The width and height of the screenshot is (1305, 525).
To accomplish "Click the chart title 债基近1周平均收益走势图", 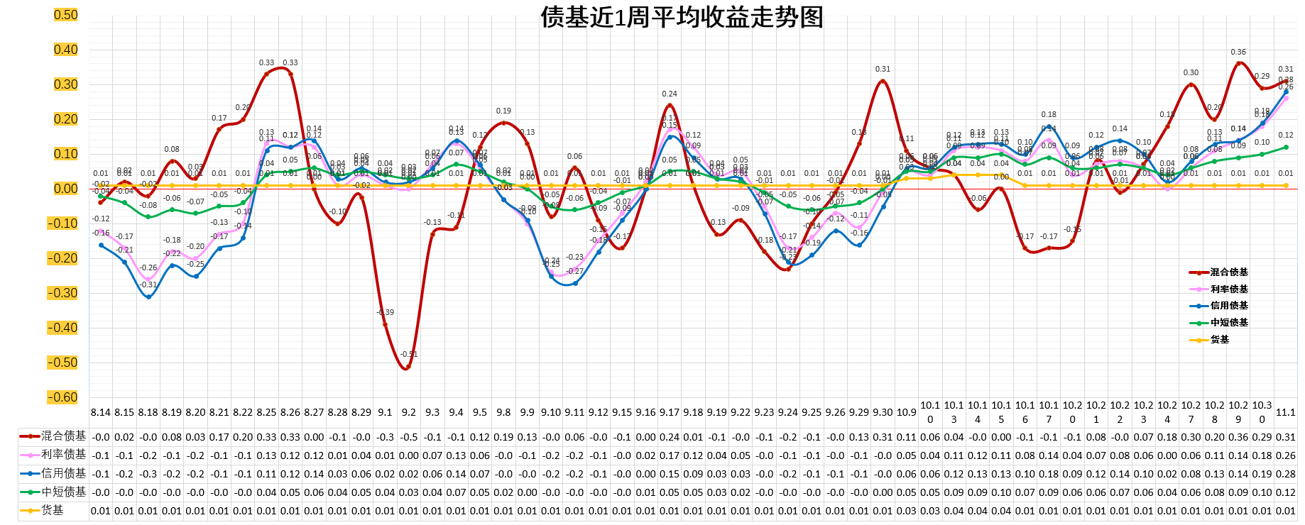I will click(x=682, y=17).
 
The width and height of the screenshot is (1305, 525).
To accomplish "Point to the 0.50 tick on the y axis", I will click(x=66, y=15).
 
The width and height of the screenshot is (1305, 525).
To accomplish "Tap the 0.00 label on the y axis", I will click(x=66, y=189).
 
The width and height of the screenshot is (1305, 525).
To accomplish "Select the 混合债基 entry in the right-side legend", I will click(x=1228, y=272).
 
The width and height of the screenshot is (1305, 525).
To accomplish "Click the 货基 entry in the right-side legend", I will click(x=1219, y=340).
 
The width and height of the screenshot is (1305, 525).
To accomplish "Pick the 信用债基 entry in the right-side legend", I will click(x=1228, y=306).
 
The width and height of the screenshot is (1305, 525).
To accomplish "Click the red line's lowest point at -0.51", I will click(x=408, y=367).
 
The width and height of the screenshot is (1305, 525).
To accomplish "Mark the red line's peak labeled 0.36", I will click(x=1238, y=63).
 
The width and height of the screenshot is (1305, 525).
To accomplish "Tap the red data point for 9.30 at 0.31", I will click(x=883, y=82).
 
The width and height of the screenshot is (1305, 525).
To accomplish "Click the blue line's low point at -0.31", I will click(x=148, y=297).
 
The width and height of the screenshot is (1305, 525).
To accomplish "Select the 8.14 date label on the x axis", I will click(x=101, y=412).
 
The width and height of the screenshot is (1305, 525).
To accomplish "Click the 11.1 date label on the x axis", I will click(x=1285, y=412).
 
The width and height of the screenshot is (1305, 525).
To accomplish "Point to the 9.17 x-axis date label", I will click(x=670, y=412).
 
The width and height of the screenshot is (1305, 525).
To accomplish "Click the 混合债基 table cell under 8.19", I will click(x=172, y=437).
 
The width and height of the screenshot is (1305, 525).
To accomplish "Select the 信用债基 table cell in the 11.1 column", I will click(x=1285, y=474).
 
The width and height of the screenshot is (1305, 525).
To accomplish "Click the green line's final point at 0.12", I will click(x=1286, y=148).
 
